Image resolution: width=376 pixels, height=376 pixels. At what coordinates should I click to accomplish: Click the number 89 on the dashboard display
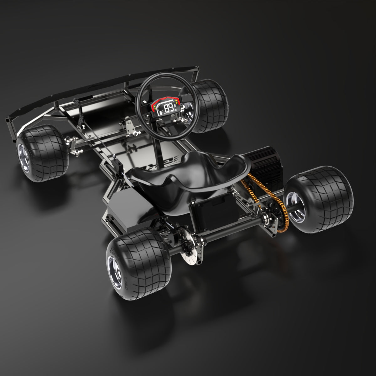(x=170, y=108)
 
